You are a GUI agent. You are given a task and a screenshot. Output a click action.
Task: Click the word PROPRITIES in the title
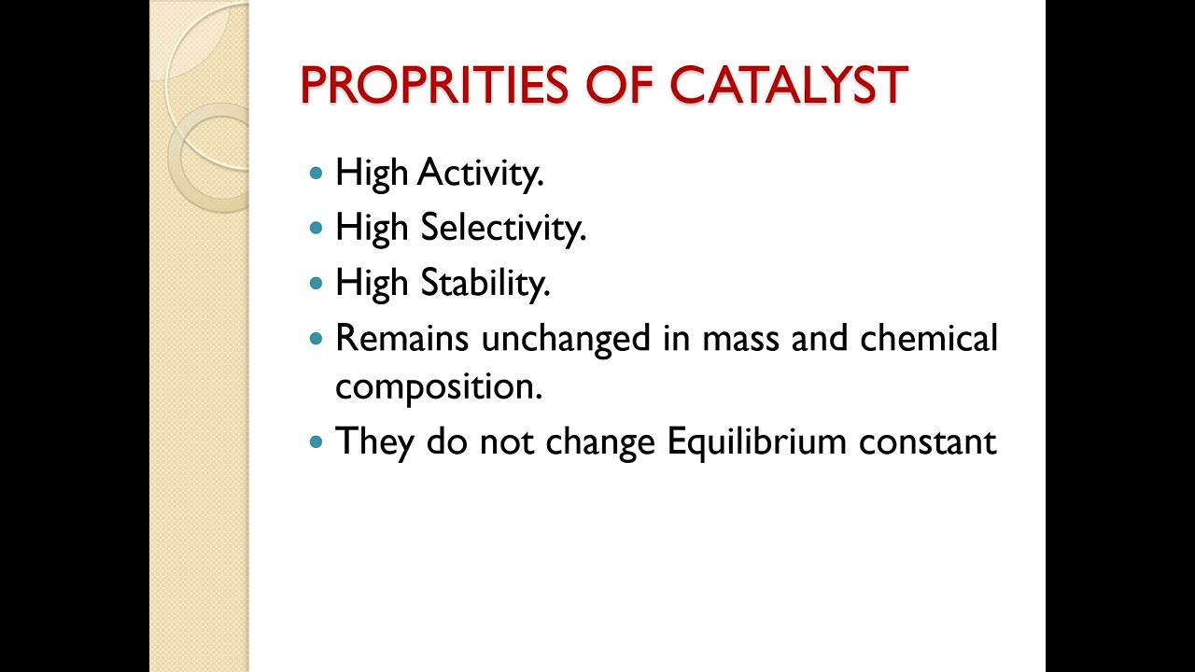pos(434,86)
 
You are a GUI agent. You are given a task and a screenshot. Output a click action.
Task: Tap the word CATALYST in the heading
pos(789,86)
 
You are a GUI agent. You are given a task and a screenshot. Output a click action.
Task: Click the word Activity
pos(480,174)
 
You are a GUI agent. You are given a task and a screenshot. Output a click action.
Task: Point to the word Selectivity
pos(502,228)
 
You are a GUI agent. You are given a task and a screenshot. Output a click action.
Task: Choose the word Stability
pos(485,283)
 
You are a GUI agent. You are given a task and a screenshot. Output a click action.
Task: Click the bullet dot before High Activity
pos(316,174)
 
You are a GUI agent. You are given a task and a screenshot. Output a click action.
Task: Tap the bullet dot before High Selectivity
pos(316,228)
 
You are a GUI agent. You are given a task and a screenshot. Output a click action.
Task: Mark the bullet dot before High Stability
pos(316,283)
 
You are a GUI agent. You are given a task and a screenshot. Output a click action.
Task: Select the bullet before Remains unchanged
pos(316,338)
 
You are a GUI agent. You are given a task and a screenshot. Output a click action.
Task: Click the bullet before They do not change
pos(316,441)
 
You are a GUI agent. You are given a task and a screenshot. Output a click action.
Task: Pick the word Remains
pos(401,338)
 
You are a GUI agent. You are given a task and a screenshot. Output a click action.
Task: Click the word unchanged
pos(566,338)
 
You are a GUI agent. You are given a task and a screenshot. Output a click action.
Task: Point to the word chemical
pos(929,338)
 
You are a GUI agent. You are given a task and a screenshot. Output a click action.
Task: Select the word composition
pos(438,387)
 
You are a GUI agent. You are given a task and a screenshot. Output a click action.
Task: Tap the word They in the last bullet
pos(373,441)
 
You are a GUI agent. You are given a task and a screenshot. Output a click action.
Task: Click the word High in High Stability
pos(373,283)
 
